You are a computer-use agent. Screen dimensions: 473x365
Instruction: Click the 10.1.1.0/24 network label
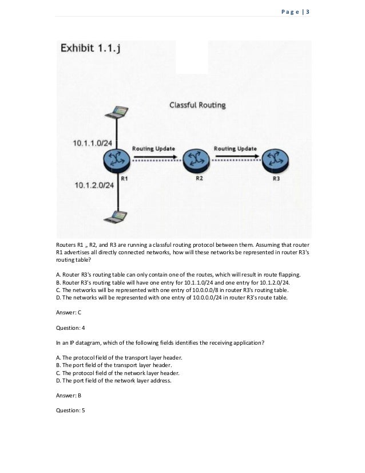92,141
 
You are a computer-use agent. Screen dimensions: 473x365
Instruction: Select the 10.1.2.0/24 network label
94,185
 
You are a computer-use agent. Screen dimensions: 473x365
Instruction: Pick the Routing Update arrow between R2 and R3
236,155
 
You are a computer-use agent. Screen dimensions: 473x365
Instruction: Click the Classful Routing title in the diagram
197,105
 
